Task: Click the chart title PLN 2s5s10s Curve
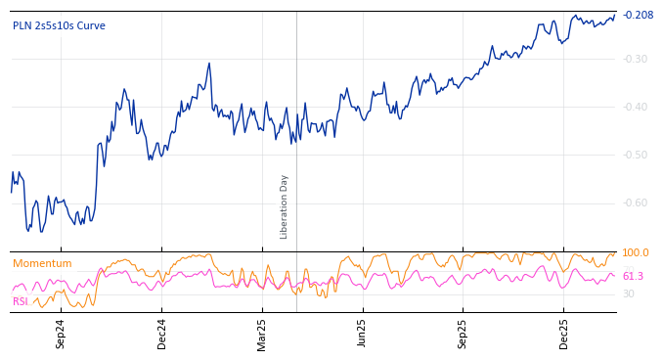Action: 59,26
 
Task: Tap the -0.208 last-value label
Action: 638,15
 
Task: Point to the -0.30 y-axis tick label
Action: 636,59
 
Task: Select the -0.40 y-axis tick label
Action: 636,107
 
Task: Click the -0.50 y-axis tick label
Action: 636,155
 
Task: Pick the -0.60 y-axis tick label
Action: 636,202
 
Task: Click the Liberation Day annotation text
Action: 285,206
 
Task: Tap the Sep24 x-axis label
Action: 61,334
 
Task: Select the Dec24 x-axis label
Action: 162,334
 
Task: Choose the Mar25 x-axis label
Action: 262,334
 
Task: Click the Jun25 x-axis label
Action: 362,334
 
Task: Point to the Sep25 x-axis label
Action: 463,334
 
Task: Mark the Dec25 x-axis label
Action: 563,334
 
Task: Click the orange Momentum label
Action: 42,264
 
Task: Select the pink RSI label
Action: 20,302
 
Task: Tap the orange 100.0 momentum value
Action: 635,253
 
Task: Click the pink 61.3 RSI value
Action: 633,277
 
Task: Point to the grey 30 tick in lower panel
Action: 628,293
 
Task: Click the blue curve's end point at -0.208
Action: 615,15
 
